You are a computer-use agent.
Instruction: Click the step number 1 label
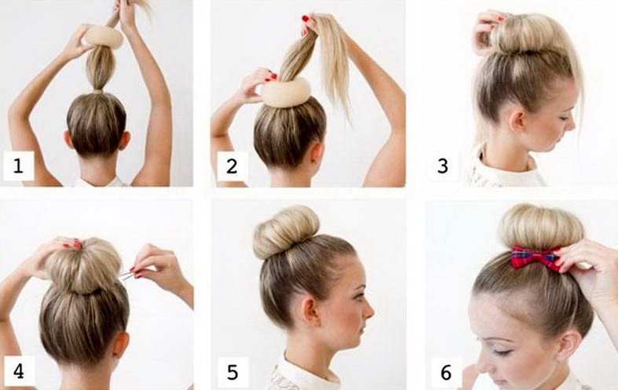18,166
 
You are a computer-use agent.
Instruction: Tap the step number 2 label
232,166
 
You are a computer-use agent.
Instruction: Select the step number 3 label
443,166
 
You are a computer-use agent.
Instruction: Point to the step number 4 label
19,371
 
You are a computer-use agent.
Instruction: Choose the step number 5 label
232,372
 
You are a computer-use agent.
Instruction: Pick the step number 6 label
446,372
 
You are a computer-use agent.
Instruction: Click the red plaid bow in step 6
536,258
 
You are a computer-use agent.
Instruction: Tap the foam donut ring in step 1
104,37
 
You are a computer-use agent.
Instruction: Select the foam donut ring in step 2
287,93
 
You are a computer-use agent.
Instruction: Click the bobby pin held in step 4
127,275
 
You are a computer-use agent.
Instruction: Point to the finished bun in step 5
286,231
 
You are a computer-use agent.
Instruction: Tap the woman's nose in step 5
368,312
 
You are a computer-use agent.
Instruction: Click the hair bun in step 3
528,35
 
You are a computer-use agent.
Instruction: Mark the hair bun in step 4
84,267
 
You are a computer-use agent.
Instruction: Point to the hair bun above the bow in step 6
541,228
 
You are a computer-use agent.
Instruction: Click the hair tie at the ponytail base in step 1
97,92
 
